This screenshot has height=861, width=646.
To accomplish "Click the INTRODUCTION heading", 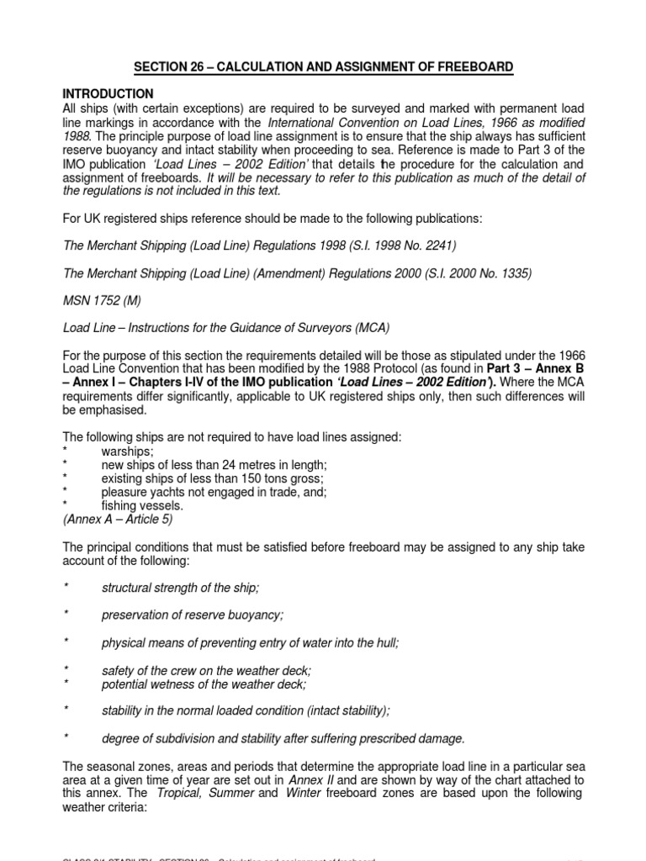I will click(x=109, y=93).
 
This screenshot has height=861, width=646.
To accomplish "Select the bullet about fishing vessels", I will click(x=141, y=506).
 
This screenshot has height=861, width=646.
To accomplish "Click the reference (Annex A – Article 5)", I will click(x=118, y=520).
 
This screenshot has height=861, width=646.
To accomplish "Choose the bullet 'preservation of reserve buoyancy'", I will click(x=193, y=615).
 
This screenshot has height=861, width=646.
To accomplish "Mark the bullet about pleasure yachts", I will click(x=214, y=492).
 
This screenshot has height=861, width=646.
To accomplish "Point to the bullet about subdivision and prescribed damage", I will click(x=283, y=738).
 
